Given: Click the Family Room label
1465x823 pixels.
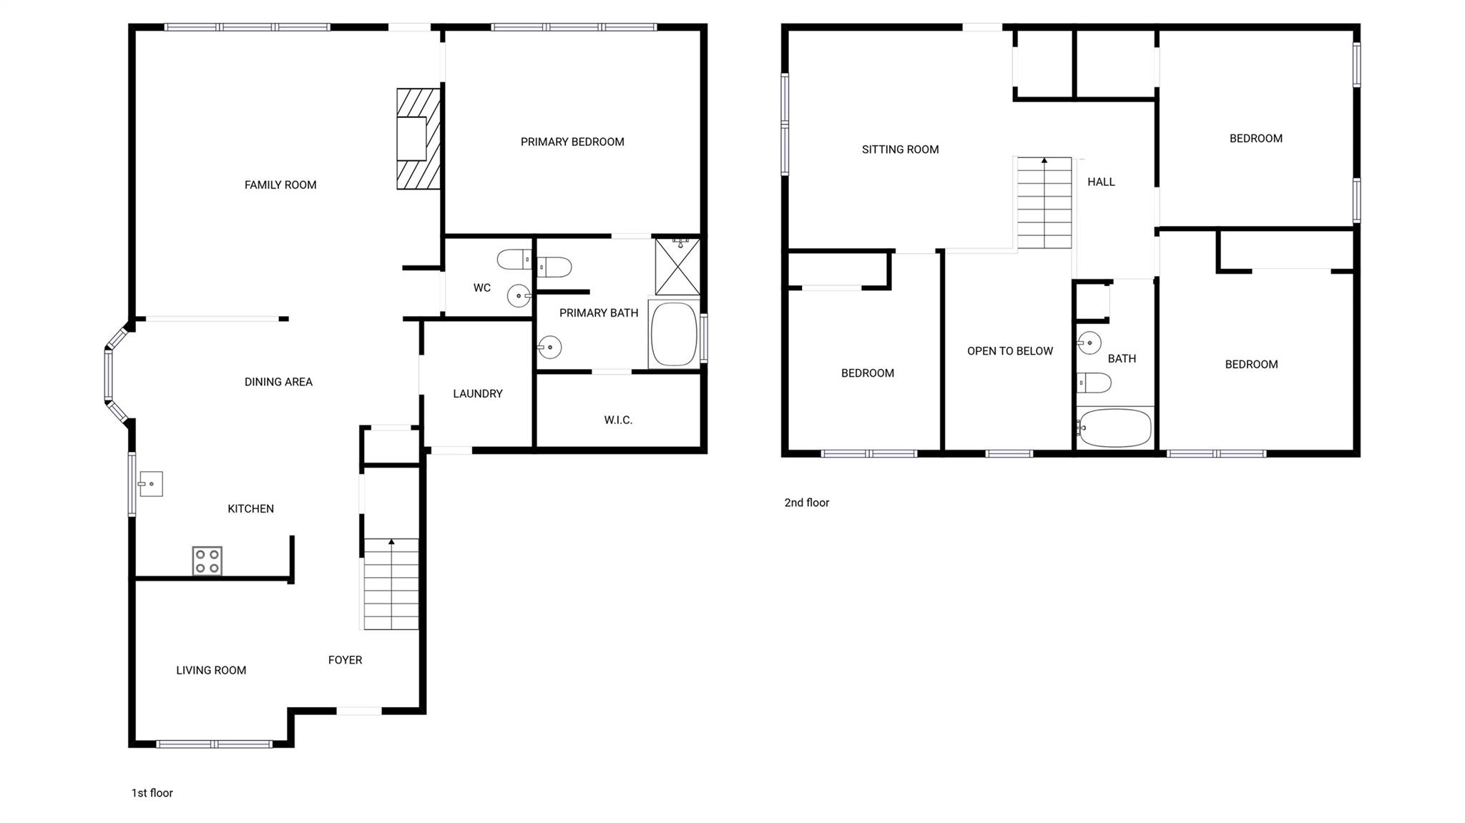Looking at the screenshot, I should [x=280, y=185].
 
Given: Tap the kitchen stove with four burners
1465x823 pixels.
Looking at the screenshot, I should [x=207, y=561].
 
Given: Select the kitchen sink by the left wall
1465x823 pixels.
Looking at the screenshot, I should [x=151, y=484].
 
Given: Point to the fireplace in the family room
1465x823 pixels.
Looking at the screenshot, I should [x=418, y=139].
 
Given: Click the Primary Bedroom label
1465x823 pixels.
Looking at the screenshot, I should [x=572, y=142].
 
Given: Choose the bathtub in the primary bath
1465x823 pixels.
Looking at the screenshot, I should [x=673, y=334].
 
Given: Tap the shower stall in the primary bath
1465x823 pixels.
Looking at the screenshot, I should [x=677, y=267].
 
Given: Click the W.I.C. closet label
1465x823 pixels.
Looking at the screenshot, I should [x=618, y=420].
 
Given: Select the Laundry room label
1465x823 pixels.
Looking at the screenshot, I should [x=478, y=394].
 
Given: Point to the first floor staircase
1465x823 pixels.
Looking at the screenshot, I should [x=391, y=583].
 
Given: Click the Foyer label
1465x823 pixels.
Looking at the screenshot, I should [x=345, y=660].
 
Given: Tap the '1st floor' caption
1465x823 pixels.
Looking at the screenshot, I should [x=152, y=793].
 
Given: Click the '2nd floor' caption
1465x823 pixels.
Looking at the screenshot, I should [x=807, y=503].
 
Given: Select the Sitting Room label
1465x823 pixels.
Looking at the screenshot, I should [x=900, y=149].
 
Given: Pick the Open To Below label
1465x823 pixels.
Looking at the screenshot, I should [x=1009, y=351].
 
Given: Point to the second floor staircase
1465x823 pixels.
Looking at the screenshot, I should [x=1044, y=203].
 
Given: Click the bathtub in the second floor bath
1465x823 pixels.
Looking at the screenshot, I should [x=1115, y=428].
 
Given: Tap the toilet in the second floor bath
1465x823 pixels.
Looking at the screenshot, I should [x=1094, y=383].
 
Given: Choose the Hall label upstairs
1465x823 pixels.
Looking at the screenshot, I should [x=1101, y=182].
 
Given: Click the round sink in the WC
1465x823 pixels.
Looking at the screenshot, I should [x=519, y=295].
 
